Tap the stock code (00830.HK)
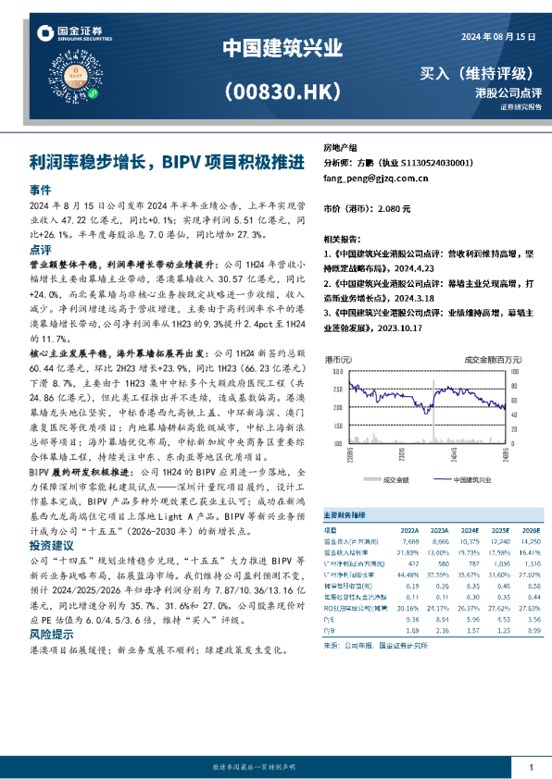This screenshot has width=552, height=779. point(277,90)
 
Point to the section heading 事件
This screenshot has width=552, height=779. point(40,189)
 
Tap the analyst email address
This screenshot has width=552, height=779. point(375,179)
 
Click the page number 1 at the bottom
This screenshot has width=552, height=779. point(531,767)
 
